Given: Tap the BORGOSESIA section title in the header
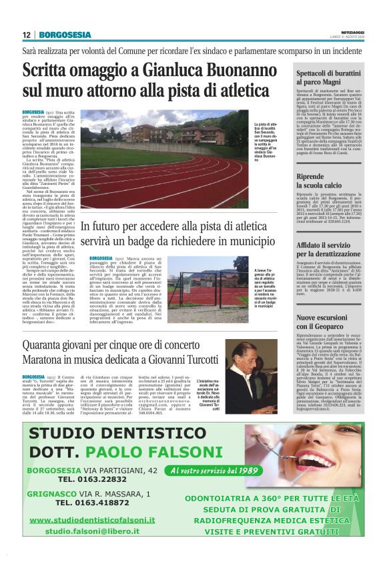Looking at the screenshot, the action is click(65, 35).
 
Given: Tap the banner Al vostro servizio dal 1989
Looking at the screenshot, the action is click(212, 471).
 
